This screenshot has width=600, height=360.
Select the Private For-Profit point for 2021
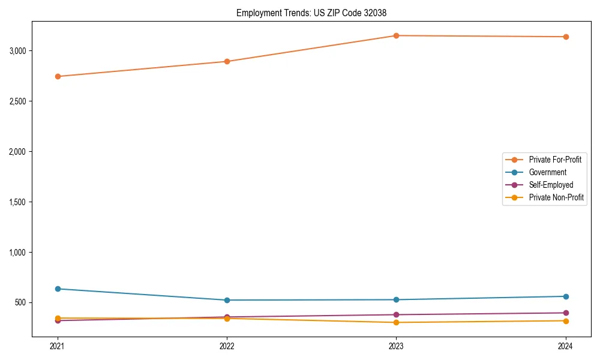58,76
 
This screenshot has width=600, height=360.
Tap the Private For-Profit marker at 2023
396,35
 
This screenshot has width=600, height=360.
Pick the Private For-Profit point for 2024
566,37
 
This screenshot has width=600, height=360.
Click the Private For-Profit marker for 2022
227,61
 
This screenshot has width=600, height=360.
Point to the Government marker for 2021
58,289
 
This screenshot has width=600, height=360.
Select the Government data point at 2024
566,296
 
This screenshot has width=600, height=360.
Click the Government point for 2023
396,299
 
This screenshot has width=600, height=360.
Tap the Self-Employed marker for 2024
566,313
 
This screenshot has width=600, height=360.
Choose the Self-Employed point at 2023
396,314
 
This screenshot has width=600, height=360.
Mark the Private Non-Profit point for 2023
396,322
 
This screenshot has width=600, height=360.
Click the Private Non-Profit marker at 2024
566,320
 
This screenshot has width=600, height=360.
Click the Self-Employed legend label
551,185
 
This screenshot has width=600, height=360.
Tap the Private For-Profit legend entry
554,160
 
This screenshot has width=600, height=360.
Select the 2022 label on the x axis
227,346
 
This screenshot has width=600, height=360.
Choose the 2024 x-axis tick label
566,346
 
